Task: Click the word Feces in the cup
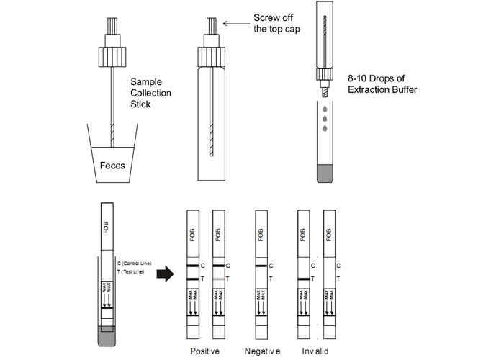tap(112, 166)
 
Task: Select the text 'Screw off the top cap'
tap(278, 23)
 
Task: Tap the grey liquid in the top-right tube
tap(325, 173)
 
